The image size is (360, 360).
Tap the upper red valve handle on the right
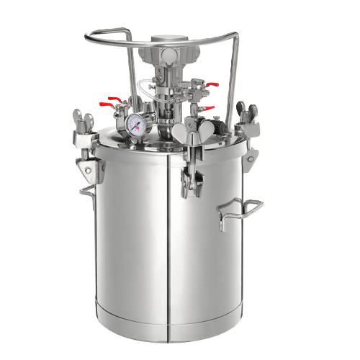tap(211, 86)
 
